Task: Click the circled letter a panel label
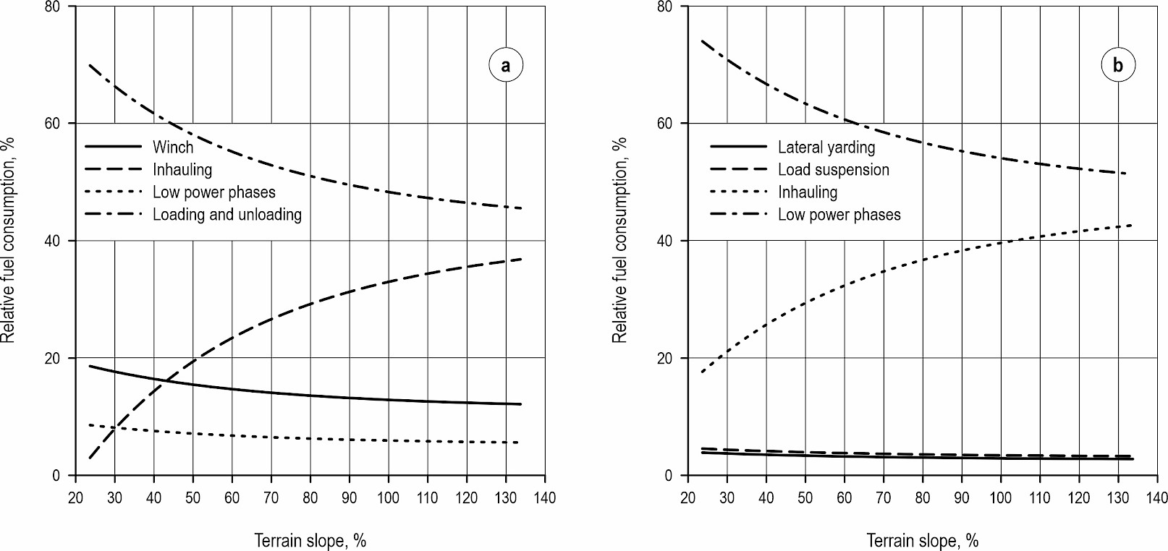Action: coord(505,65)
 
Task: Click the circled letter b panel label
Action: coord(1118,65)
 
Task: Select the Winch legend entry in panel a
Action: coord(173,147)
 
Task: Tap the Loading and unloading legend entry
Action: coord(227,215)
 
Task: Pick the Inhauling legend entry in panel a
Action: coord(182,170)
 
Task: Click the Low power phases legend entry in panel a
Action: coord(213,192)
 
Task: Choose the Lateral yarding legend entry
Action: coord(826,147)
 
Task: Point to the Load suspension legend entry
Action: coord(833,170)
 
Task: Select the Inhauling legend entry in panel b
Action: coord(808,192)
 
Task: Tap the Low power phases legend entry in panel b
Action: coord(839,215)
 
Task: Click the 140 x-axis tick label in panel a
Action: coord(545,497)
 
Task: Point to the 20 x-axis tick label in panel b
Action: coord(687,497)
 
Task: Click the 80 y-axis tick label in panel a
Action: coord(53,7)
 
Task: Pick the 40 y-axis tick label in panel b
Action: coord(665,241)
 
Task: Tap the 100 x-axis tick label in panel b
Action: coord(1001,497)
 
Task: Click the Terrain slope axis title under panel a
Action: coord(310,540)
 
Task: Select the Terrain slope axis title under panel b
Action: coord(923,540)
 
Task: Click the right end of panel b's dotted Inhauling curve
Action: coord(1130,226)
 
